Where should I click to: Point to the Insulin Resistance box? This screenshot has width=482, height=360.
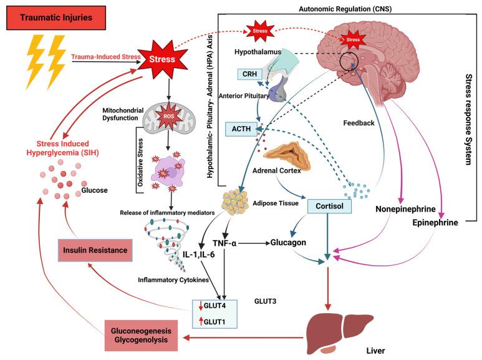96,251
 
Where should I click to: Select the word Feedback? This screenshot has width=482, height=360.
359,124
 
